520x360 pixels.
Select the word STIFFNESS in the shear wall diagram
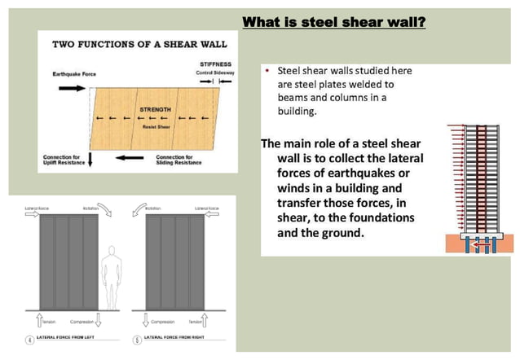coord(217,64)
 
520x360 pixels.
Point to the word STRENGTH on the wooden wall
coord(155,108)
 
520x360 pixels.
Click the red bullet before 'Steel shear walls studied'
coord(267,71)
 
